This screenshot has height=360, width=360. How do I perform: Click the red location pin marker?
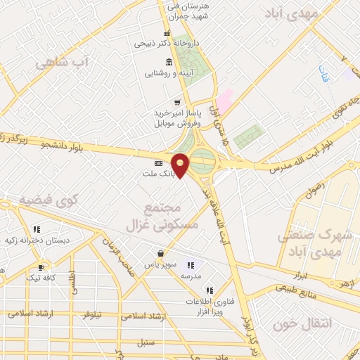tap(181, 165)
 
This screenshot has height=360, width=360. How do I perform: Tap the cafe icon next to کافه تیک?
tap(41, 267)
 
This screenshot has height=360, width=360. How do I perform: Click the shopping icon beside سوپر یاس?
tap(162, 253)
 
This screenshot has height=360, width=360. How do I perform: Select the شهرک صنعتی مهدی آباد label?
tap(314, 243)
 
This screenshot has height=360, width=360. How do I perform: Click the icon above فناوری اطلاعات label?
tap(209, 290)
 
